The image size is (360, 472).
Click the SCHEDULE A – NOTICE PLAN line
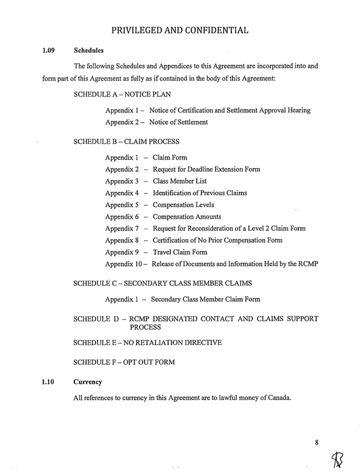coord(122,94)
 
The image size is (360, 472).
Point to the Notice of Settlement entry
coord(179,122)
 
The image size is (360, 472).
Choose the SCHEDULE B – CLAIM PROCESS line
coord(126,142)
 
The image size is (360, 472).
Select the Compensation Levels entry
coord(183,205)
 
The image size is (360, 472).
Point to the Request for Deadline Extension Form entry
coord(206,170)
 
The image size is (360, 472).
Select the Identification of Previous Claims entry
coord(200,193)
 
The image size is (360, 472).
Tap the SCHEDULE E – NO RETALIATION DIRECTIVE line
coord(147,342)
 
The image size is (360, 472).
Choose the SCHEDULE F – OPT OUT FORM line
coord(124,362)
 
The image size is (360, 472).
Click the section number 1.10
coord(49,382)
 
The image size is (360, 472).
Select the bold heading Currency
coord(88,382)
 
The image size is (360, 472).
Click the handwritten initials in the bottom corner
coord(339,460)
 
